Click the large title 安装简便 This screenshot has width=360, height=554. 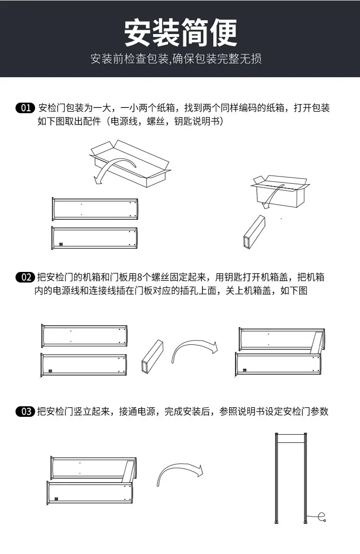coord(180,33)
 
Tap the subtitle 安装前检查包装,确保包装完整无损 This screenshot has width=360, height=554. coord(176,59)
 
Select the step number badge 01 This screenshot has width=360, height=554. coord(25,108)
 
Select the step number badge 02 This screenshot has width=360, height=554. coord(25,277)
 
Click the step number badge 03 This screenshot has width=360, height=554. coord(25,412)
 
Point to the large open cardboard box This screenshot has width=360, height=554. coord(130,163)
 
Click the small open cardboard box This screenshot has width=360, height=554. coord(280,191)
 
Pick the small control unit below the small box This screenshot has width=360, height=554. coord(254,232)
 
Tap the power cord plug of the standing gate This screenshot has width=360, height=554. coord(322,518)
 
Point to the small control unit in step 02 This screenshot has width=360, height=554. coord(152,357)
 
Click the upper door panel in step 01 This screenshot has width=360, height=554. coord(95,209)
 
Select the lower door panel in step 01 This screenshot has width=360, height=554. coord(94,238)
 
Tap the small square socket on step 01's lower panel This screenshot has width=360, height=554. coord(61,244)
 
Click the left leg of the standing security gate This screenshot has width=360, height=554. coord(277,478)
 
